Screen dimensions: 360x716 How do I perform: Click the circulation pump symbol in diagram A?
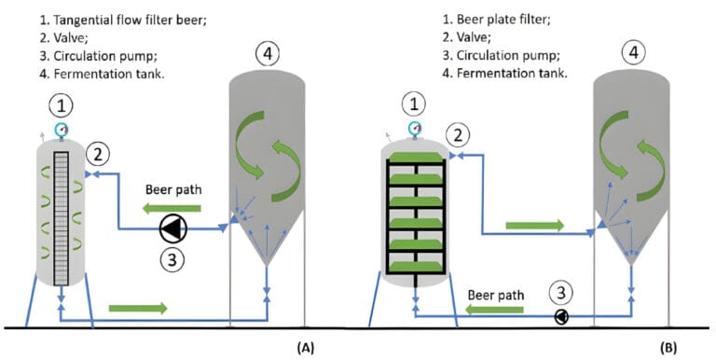[172, 227]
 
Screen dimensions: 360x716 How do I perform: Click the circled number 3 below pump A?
[172, 259]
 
